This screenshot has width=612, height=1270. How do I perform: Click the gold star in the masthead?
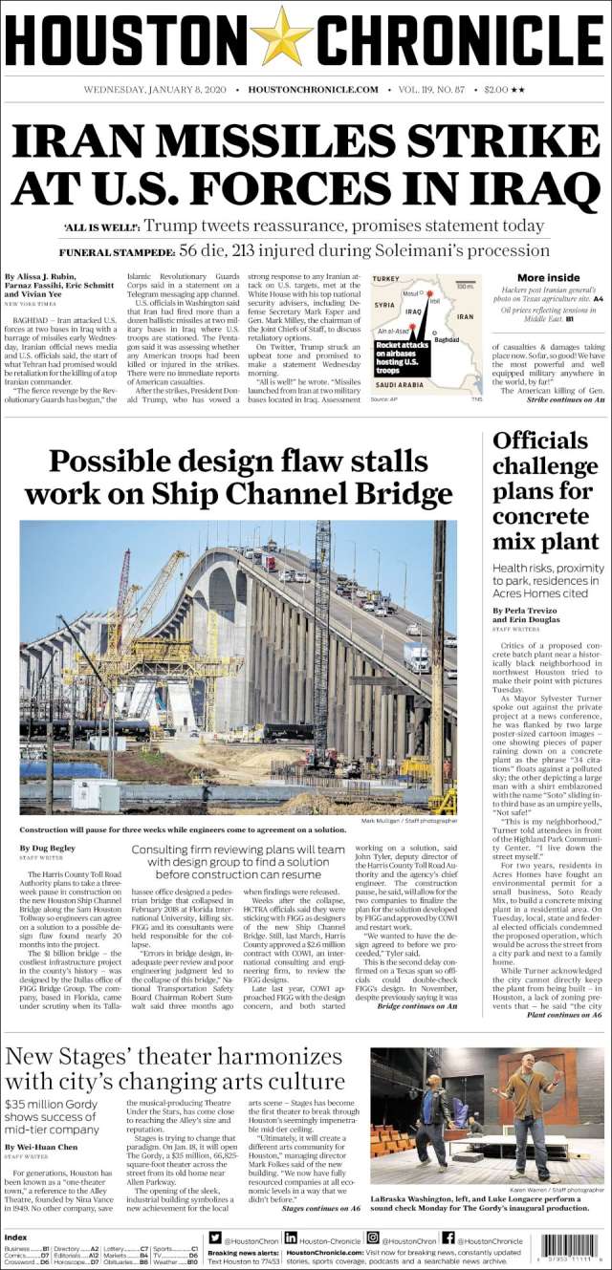pos(282,36)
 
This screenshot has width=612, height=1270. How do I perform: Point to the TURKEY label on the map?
pos(386,278)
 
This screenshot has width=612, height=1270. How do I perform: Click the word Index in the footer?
pos(16,1237)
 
